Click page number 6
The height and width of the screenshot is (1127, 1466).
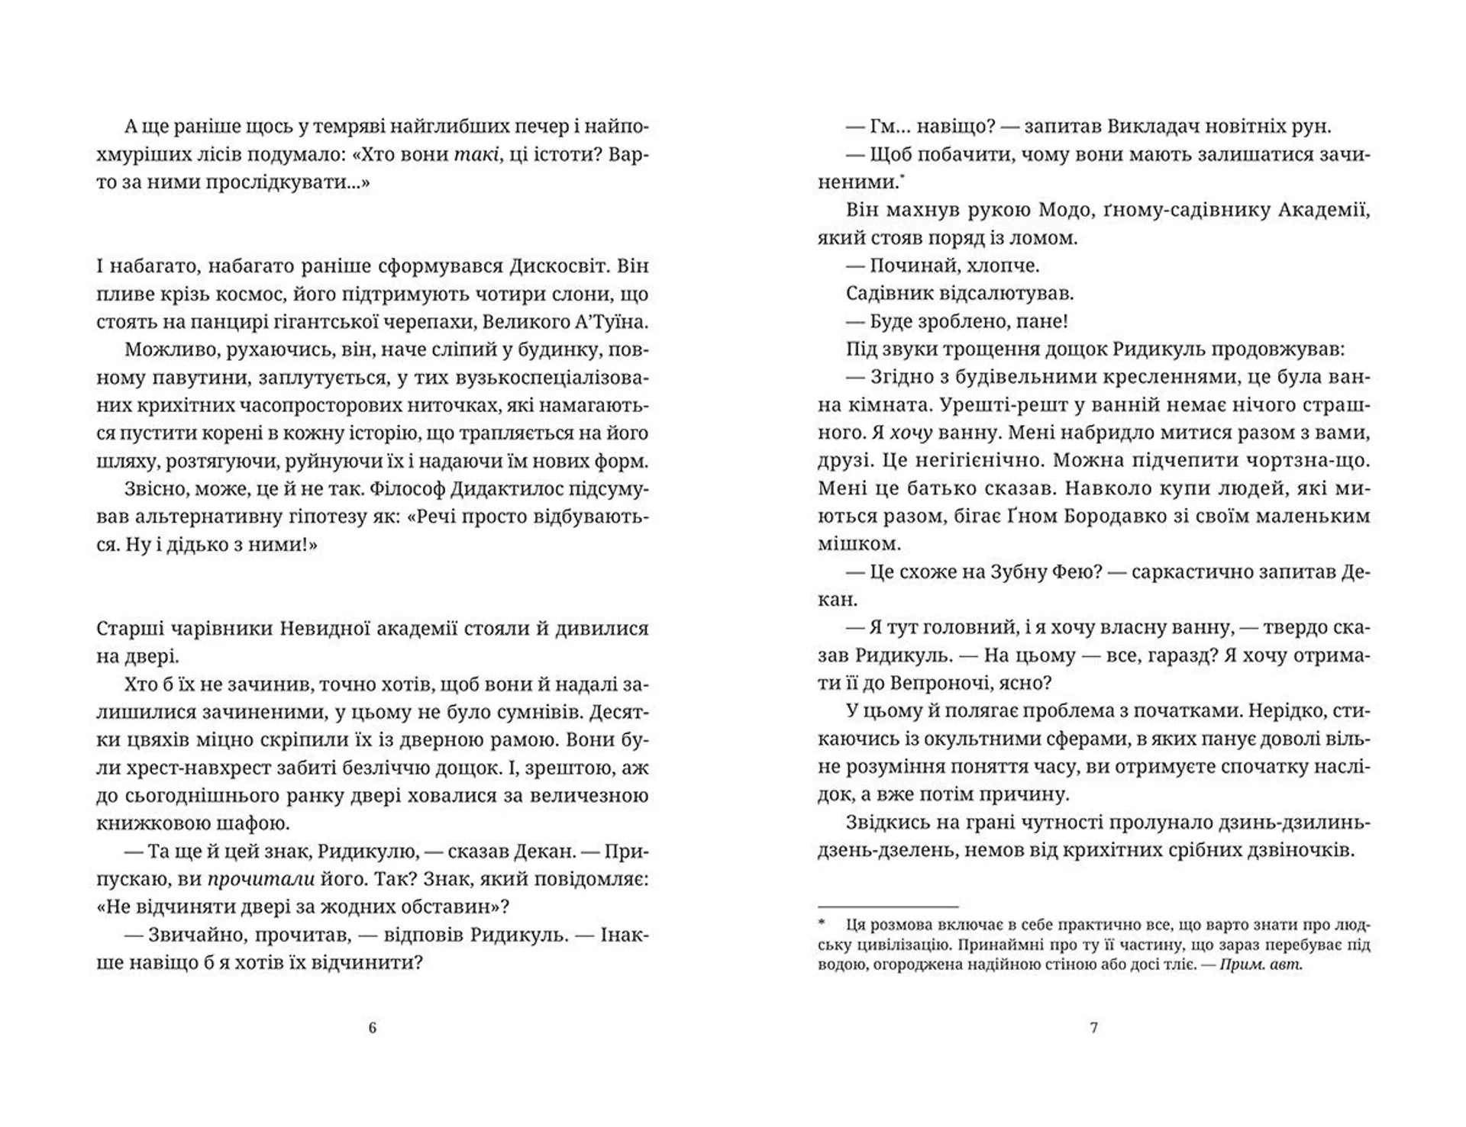[x=373, y=1028]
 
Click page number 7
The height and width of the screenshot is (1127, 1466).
[x=1093, y=1028]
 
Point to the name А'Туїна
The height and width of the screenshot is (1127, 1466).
[x=606, y=322]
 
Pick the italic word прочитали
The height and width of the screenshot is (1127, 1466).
[x=262, y=879]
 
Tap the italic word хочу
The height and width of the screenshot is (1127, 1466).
[x=912, y=433]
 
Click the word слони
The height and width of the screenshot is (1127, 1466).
[x=576, y=295]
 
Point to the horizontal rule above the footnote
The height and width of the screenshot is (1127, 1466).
[x=887, y=903]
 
